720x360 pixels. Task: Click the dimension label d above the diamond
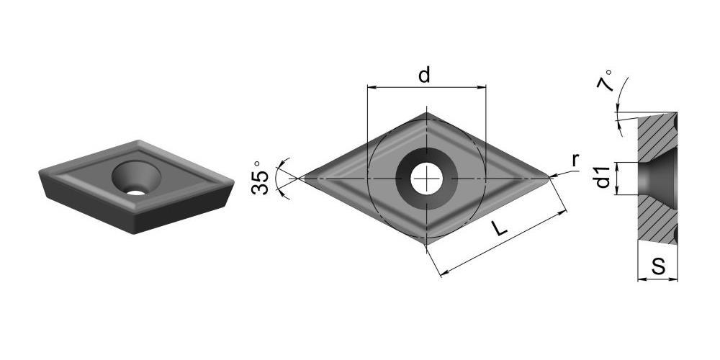424,75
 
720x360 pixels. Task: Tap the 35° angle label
261,177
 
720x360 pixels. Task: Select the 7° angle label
605,81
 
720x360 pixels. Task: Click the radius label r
575,161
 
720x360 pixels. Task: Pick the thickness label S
659,266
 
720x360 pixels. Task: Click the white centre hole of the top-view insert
426,178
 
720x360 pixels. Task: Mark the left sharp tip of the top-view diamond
300,178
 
